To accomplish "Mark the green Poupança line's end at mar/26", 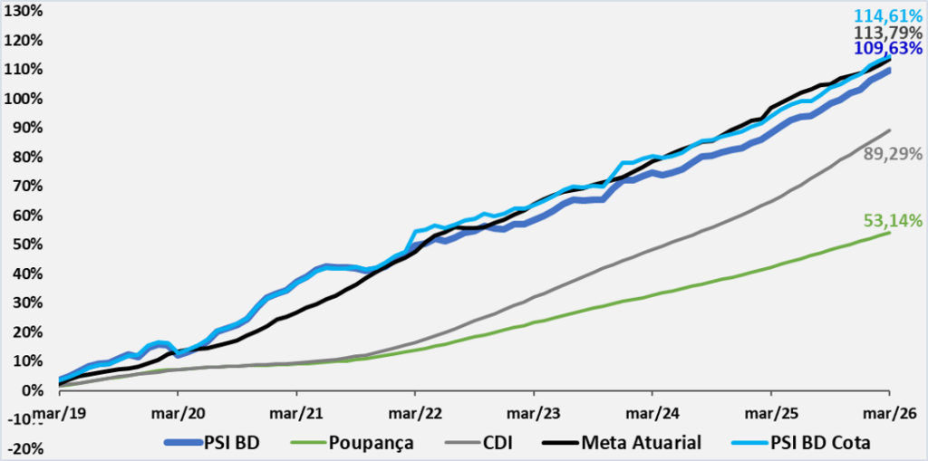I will tap(888, 233).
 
